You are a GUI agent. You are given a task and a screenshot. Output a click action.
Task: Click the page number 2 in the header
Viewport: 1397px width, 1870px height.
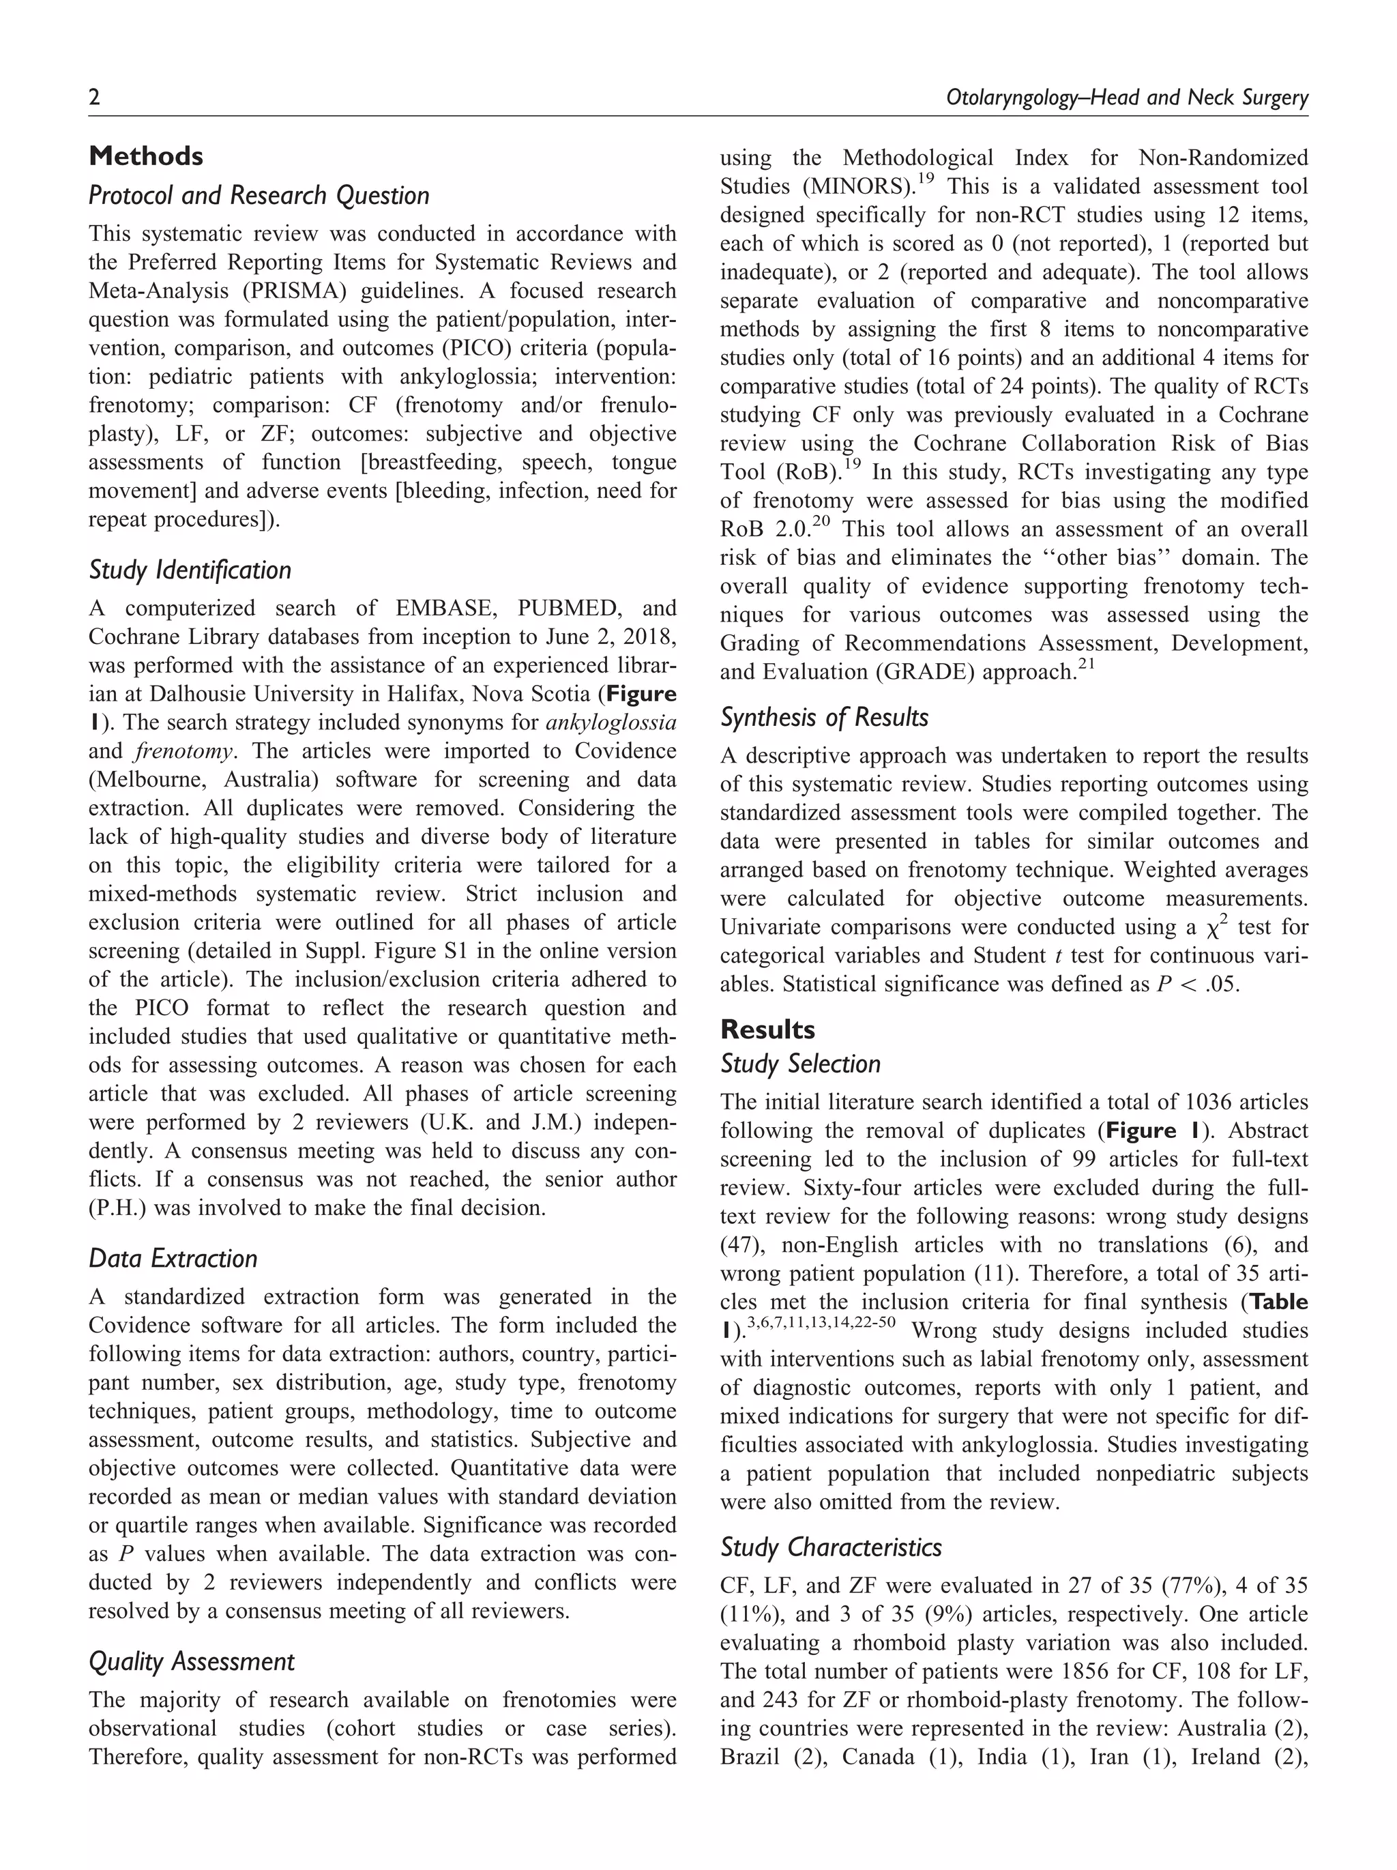pos(95,98)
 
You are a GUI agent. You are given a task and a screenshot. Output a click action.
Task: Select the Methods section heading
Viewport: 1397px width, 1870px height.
pos(145,156)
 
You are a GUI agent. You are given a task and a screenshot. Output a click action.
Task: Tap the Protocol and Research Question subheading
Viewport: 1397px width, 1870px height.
pos(259,195)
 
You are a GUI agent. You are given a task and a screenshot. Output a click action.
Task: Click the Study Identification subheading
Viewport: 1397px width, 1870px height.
pos(190,570)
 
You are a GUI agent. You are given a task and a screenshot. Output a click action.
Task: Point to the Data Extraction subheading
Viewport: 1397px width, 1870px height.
pos(173,1259)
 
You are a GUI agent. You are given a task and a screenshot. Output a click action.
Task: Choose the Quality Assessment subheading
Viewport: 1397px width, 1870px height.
pos(192,1662)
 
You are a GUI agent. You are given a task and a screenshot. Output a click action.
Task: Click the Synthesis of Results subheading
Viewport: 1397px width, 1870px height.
pos(824,718)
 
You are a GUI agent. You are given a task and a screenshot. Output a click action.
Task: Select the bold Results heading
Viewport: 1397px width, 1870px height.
pos(767,1029)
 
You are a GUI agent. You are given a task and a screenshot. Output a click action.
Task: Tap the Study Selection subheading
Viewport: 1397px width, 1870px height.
pos(800,1064)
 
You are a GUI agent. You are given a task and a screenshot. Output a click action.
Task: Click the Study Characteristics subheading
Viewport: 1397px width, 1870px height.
pos(831,1548)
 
